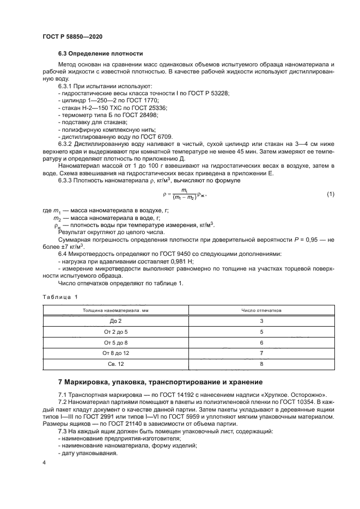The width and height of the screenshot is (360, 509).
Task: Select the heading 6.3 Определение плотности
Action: point(101,54)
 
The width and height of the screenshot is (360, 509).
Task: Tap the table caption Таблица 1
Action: point(60,297)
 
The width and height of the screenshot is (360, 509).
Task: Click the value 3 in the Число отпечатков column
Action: point(261,321)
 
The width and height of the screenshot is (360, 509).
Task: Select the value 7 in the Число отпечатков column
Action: point(261,353)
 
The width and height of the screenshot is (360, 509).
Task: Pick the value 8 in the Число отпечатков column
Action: point(261,364)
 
